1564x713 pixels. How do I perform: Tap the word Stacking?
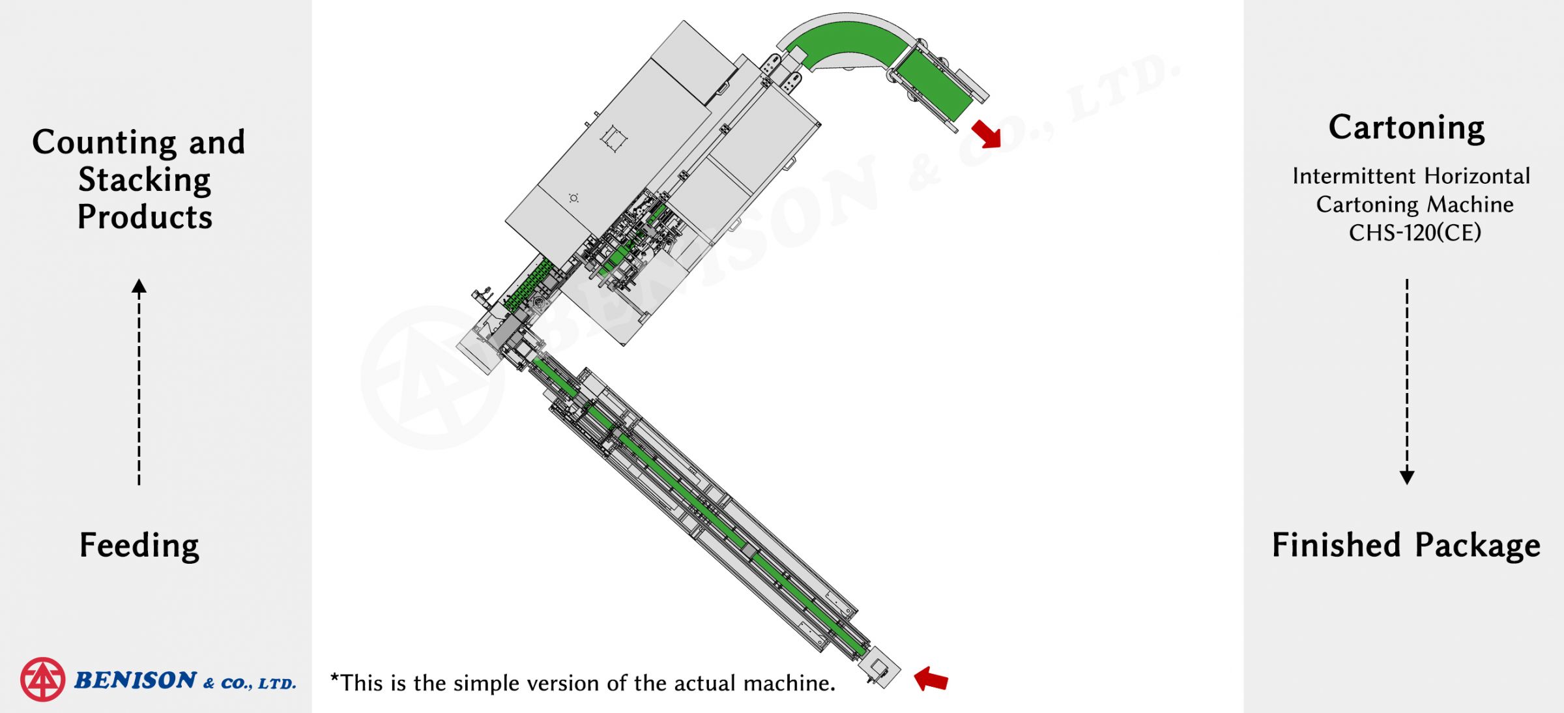point(145,180)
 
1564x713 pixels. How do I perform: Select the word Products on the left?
point(145,216)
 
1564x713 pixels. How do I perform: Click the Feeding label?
point(139,546)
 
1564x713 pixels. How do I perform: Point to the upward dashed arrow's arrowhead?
point(139,286)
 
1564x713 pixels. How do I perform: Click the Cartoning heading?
point(1407,128)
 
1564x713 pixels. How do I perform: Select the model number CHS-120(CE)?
point(1415,233)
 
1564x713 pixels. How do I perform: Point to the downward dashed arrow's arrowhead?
point(1407,477)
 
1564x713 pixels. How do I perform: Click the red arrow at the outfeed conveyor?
point(986,134)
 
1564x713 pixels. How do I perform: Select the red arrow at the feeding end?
point(931,678)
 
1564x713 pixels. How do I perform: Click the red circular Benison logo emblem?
point(42,679)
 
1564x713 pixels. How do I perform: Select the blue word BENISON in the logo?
point(136,680)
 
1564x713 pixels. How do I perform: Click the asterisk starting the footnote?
point(335,678)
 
